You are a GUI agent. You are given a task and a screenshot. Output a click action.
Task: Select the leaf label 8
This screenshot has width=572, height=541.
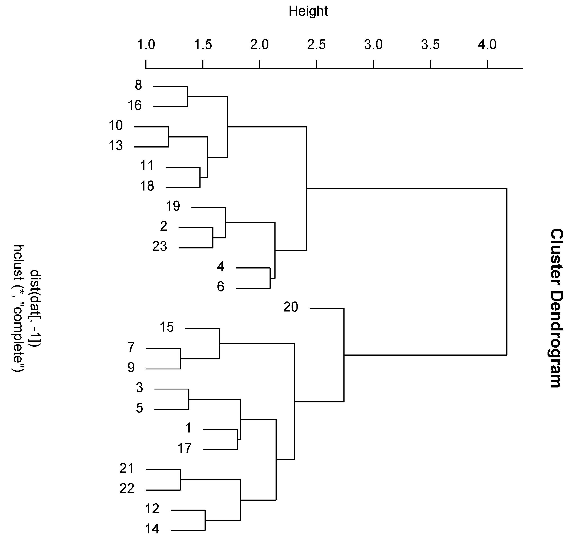click(138, 85)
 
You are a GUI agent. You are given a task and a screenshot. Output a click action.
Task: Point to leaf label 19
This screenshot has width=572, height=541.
click(173, 206)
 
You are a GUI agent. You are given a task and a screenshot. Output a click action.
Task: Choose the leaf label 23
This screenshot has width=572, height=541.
click(160, 247)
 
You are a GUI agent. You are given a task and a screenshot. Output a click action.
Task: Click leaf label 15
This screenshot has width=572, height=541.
click(166, 327)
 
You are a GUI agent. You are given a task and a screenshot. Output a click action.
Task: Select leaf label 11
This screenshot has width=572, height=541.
click(147, 166)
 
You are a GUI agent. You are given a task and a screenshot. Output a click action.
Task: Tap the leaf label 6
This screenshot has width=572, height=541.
click(220, 287)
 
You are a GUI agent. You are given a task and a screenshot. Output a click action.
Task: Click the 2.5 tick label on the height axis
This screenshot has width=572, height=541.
click(316, 45)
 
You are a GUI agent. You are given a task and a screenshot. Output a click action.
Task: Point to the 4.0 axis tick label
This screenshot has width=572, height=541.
click(487, 45)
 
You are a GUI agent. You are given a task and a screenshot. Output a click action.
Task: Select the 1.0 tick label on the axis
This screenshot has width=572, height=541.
click(146, 45)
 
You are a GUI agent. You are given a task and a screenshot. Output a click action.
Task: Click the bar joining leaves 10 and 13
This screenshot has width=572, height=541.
click(168, 137)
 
